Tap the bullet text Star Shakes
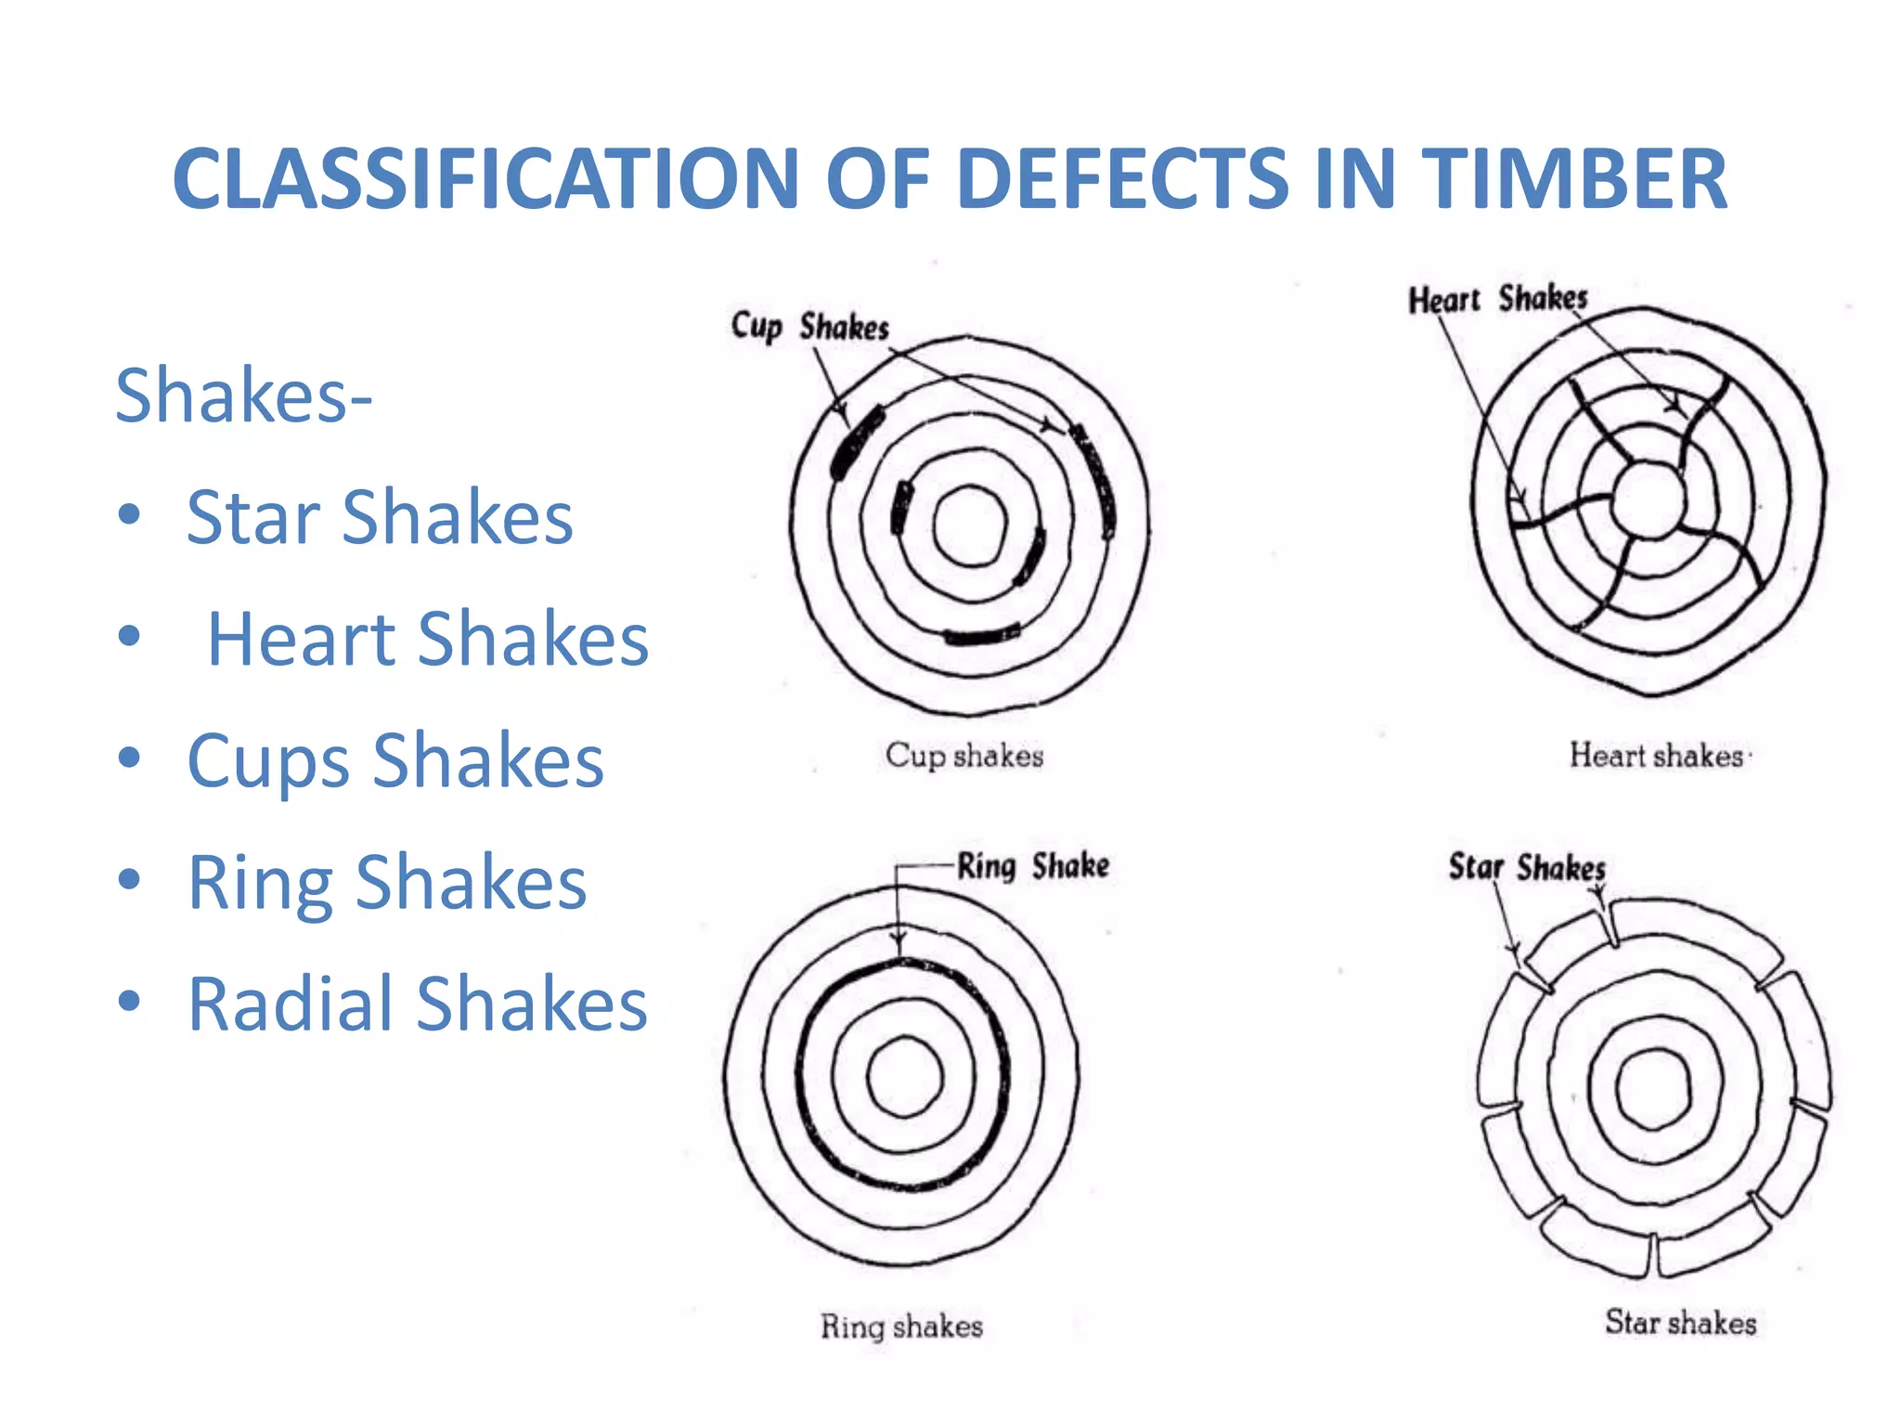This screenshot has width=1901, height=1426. [380, 517]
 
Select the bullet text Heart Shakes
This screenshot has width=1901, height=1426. [427, 639]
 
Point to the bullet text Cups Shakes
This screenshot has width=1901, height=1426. [395, 760]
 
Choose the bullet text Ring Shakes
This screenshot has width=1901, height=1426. [387, 882]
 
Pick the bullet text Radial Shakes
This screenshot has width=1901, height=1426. [417, 1004]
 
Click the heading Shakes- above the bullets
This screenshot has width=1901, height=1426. [243, 395]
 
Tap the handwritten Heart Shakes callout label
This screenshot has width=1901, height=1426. [1497, 299]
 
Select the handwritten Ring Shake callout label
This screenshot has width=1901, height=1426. [1033, 866]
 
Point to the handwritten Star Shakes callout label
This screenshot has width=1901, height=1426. [1527, 867]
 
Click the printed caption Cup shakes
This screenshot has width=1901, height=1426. [964, 756]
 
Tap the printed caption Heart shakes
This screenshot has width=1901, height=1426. [1656, 756]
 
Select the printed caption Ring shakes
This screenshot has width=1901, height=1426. [901, 1326]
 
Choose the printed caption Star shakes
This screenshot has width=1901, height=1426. [1680, 1322]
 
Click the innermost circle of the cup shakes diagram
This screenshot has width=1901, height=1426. [969, 525]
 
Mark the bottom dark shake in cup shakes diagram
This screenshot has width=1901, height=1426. [981, 636]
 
